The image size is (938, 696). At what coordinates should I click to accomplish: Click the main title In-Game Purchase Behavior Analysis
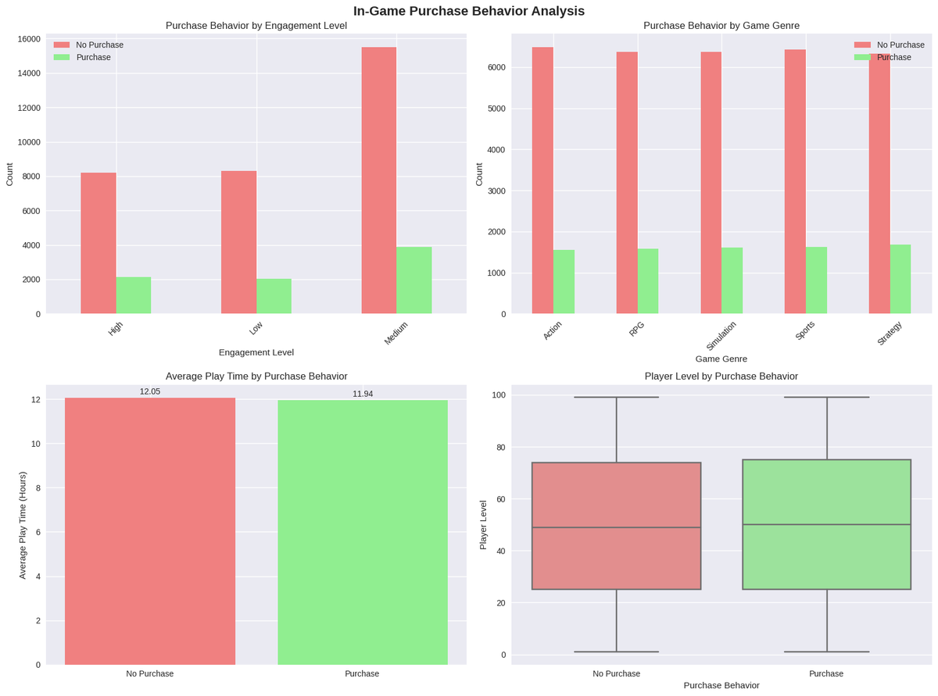[x=468, y=11]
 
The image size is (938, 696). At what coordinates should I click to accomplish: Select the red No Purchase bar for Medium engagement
[x=378, y=180]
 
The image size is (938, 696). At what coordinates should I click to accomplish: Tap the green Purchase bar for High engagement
[x=134, y=295]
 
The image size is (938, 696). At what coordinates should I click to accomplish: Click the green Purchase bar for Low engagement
[x=274, y=296]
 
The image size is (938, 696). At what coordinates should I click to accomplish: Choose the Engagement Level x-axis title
[x=256, y=352]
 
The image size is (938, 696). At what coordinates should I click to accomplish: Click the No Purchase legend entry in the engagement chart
[x=99, y=45]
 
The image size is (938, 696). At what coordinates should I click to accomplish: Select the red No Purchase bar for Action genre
[x=542, y=180]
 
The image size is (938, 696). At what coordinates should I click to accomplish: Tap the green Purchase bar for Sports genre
[x=816, y=280]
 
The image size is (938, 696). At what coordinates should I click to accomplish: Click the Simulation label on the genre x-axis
[x=721, y=336]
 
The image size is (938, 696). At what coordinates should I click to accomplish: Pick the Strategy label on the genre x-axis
[x=889, y=334]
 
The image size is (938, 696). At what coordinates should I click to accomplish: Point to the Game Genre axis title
[x=721, y=359]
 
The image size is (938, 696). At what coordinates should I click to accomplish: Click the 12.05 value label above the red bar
[x=149, y=391]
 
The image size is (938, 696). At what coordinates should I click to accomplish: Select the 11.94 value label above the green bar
[x=363, y=394]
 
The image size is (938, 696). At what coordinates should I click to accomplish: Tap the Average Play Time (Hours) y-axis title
[x=23, y=525]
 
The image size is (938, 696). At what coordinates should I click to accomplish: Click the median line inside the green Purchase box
[x=826, y=525]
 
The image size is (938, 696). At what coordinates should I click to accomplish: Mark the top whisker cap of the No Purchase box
[x=616, y=398]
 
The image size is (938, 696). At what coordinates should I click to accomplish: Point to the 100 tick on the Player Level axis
[x=497, y=395]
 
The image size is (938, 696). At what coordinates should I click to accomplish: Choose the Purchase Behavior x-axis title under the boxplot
[x=721, y=685]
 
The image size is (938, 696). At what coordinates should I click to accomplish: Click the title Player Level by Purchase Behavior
[x=721, y=376]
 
